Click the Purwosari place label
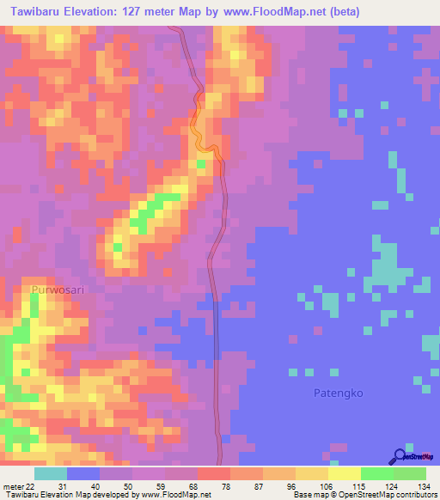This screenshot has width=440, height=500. pos(58,290)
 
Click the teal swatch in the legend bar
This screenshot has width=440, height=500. pos(51,474)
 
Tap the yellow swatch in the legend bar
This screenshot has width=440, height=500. pos(345,474)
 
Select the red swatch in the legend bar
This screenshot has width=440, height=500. pos(214,474)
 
